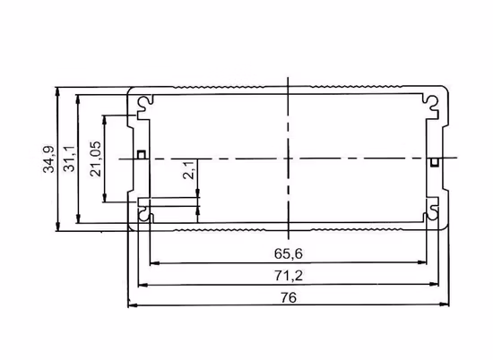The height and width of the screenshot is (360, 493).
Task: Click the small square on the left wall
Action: pyautogui.click(x=142, y=155)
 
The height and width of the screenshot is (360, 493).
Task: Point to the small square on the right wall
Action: pyautogui.click(x=434, y=162)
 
